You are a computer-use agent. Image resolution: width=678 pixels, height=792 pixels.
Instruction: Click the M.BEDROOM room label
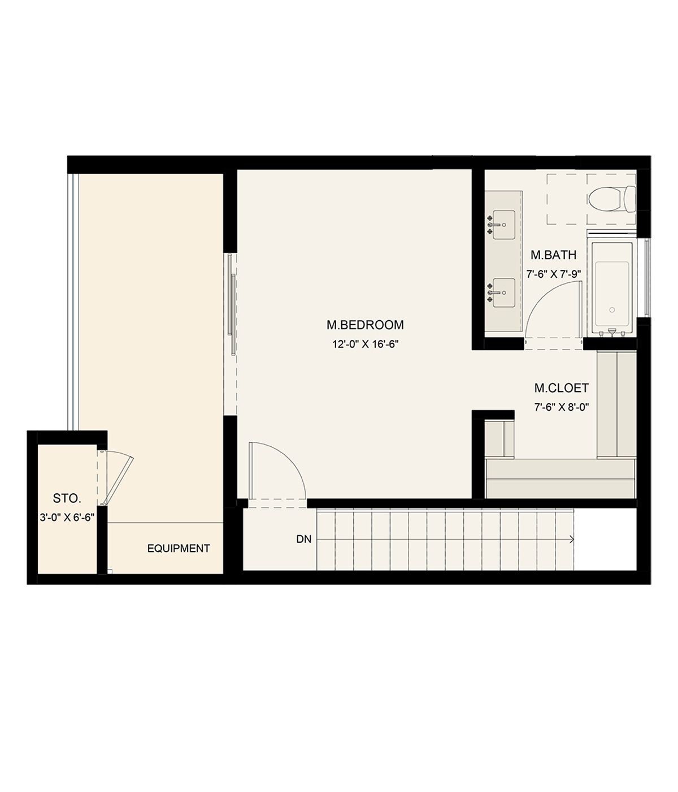(364, 325)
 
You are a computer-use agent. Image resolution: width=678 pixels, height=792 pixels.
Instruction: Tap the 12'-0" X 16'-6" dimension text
(366, 344)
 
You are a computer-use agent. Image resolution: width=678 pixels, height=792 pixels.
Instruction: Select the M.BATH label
(553, 255)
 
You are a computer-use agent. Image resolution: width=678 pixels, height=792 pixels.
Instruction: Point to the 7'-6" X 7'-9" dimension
(554, 274)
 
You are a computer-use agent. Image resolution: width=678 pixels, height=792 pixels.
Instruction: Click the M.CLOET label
(561, 388)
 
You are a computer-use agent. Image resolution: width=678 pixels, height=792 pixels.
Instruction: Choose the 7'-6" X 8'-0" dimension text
(561, 407)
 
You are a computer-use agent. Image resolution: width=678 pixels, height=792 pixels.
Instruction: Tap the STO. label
(67, 498)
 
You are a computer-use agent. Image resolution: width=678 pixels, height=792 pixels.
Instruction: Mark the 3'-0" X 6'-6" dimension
(67, 518)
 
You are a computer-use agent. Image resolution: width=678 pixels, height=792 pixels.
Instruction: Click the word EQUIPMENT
(179, 548)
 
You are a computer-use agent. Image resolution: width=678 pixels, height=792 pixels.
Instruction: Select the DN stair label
(304, 539)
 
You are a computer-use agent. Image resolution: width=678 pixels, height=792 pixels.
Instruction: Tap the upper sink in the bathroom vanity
(503, 225)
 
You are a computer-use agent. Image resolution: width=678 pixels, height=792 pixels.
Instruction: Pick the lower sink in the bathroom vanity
(503, 292)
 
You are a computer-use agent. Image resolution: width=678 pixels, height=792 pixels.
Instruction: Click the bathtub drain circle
(612, 309)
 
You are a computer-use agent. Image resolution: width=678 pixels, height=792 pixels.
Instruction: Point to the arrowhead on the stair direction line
(572, 539)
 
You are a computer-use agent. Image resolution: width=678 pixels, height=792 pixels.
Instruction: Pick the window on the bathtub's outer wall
(646, 277)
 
